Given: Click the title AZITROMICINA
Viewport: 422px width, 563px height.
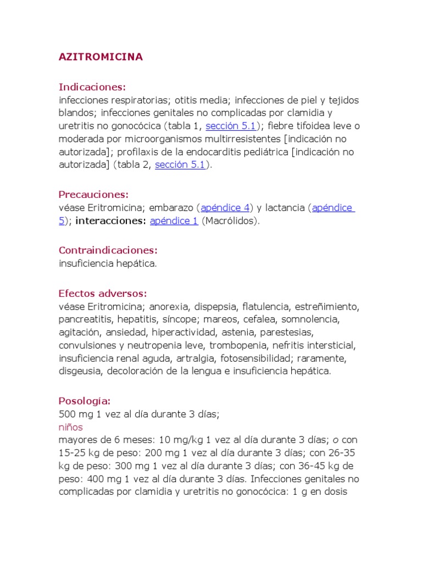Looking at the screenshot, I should pyautogui.click(x=101, y=57).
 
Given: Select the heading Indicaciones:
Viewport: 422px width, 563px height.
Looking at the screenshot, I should pyautogui.click(x=92, y=87).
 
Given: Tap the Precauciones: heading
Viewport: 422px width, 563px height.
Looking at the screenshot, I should pyautogui.click(x=93, y=195).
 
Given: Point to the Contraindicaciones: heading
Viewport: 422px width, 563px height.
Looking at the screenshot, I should pyautogui.click(x=108, y=250).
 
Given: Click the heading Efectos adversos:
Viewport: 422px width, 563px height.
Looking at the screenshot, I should pyautogui.click(x=103, y=293).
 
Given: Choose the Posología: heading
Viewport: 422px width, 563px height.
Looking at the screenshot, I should pyautogui.click(x=85, y=401).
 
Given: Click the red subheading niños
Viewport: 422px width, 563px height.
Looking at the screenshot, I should pyautogui.click(x=70, y=427).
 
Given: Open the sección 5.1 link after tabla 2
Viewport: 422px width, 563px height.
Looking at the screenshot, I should pyautogui.click(x=180, y=164).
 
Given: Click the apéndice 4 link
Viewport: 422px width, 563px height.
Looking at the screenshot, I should pyautogui.click(x=225, y=208).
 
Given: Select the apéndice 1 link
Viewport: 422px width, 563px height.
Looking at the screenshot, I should pyautogui.click(x=174, y=221).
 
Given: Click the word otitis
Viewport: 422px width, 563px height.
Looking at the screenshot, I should pyautogui.click(x=190, y=100).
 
